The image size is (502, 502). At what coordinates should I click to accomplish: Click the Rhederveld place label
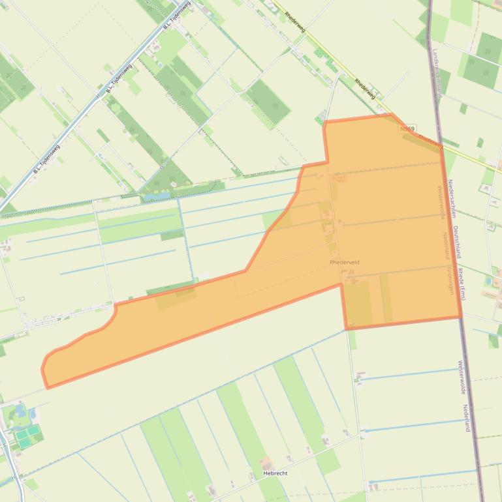pos(345,262)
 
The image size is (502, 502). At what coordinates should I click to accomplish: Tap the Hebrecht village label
pos(275,473)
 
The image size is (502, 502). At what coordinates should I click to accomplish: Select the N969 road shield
pos(407,130)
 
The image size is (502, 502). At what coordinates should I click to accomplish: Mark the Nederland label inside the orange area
pos(447,245)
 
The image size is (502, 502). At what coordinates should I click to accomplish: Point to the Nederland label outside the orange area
pos(467,418)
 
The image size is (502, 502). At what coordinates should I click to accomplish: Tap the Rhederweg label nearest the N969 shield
pos(366,89)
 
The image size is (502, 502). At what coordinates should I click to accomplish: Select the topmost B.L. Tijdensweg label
pos(178,18)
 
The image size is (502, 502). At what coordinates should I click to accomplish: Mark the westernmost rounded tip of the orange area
pos(43,368)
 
